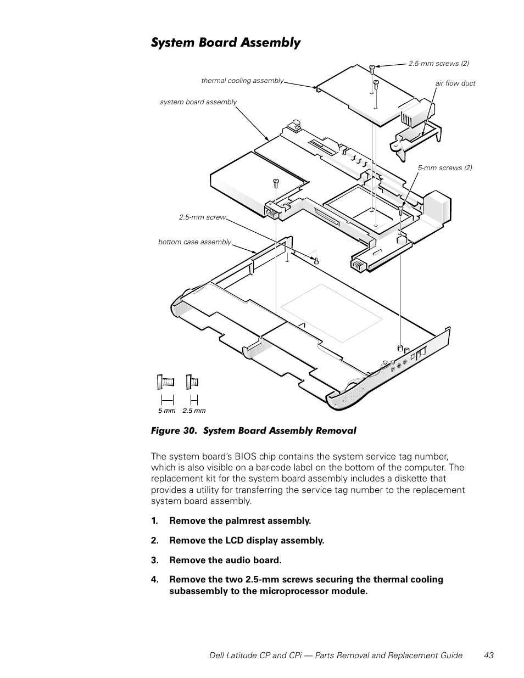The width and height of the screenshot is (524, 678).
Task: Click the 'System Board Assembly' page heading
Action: (x=226, y=43)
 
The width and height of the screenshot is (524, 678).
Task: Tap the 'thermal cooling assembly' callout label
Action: (x=242, y=81)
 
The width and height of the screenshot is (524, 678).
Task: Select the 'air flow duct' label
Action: (x=455, y=83)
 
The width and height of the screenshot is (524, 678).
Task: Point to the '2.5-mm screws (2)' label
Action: (x=438, y=64)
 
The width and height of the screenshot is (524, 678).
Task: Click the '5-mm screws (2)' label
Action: (x=444, y=168)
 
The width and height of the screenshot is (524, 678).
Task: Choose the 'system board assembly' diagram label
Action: (x=198, y=102)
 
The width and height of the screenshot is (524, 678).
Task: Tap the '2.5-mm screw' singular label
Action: (x=202, y=217)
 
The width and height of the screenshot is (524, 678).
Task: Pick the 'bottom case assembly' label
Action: (x=194, y=242)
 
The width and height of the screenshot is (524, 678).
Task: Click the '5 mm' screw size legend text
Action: (x=166, y=411)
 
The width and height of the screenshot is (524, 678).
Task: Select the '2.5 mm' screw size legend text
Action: (x=194, y=411)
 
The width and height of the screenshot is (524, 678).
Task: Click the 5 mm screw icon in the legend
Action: (x=166, y=382)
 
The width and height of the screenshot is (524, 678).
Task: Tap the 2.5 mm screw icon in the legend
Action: (x=192, y=381)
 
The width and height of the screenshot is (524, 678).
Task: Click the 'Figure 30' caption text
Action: (x=175, y=431)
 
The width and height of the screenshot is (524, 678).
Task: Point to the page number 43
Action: (x=489, y=655)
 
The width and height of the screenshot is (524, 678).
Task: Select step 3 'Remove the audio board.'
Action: (x=225, y=560)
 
